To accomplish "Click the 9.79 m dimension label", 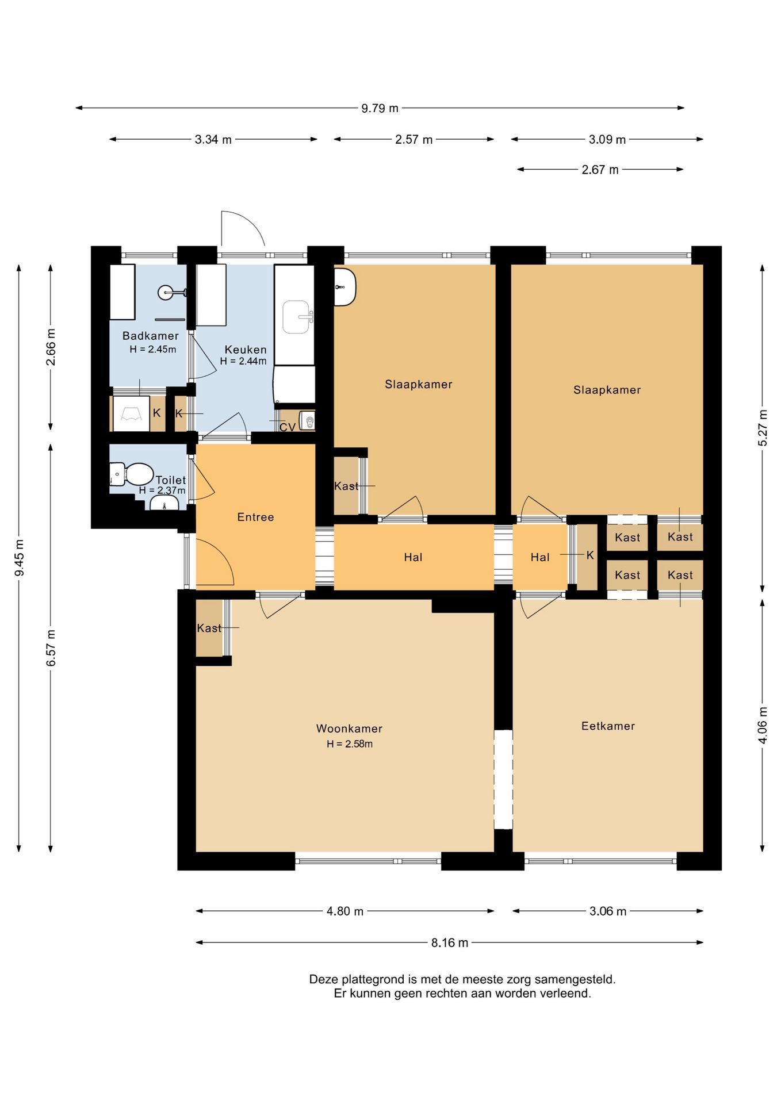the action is [380, 108].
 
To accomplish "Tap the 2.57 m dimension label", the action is [414, 139].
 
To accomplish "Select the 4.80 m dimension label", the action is [345, 911].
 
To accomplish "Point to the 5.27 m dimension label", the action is [763, 427].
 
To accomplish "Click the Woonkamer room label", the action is [349, 729].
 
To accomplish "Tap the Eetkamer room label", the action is [608, 726].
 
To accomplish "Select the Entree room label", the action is [255, 517].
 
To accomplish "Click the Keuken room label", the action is [246, 349].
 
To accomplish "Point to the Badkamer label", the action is [151, 336].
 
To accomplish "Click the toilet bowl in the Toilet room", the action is [136, 474].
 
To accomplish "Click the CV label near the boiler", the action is [287, 427].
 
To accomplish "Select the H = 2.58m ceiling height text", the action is [350, 743].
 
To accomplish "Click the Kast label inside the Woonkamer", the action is [209, 628].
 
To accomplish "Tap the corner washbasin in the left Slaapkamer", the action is [345, 286].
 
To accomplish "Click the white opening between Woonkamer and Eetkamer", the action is [503, 779].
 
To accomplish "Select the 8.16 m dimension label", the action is [450, 942].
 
